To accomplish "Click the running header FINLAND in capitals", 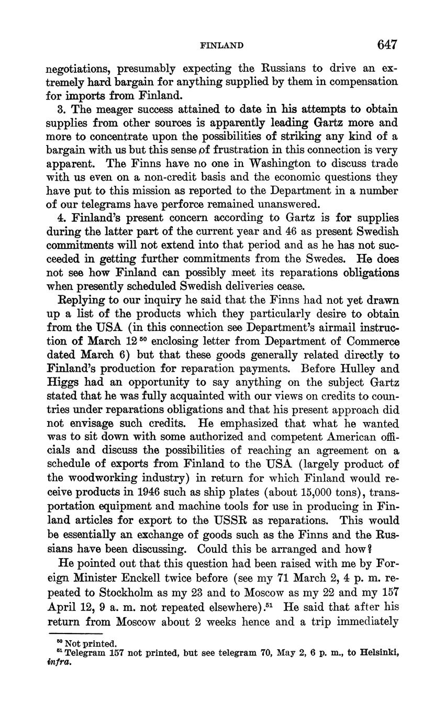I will [x=222, y=46].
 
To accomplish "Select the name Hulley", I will [x=364, y=369].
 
